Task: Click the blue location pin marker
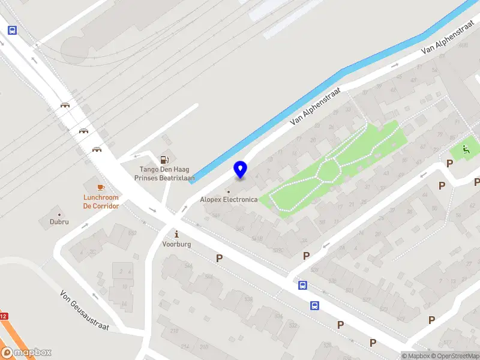click(x=240, y=169)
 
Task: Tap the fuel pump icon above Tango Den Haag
click(x=164, y=160)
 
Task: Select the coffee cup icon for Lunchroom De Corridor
click(x=101, y=188)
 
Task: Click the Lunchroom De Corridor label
click(x=101, y=202)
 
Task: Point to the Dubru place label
click(x=59, y=221)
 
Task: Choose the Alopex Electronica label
click(x=229, y=199)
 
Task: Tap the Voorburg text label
click(x=176, y=244)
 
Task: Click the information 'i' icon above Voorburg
click(x=176, y=234)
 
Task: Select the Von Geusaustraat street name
click(x=84, y=310)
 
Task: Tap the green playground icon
click(x=466, y=149)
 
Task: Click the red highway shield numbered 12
click(x=3, y=316)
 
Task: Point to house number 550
click(x=133, y=233)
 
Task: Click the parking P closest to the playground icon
click(x=449, y=164)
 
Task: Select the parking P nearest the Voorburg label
click(x=219, y=258)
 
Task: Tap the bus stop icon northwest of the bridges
click(x=11, y=30)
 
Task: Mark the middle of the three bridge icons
click(x=83, y=131)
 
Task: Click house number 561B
click(x=257, y=239)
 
